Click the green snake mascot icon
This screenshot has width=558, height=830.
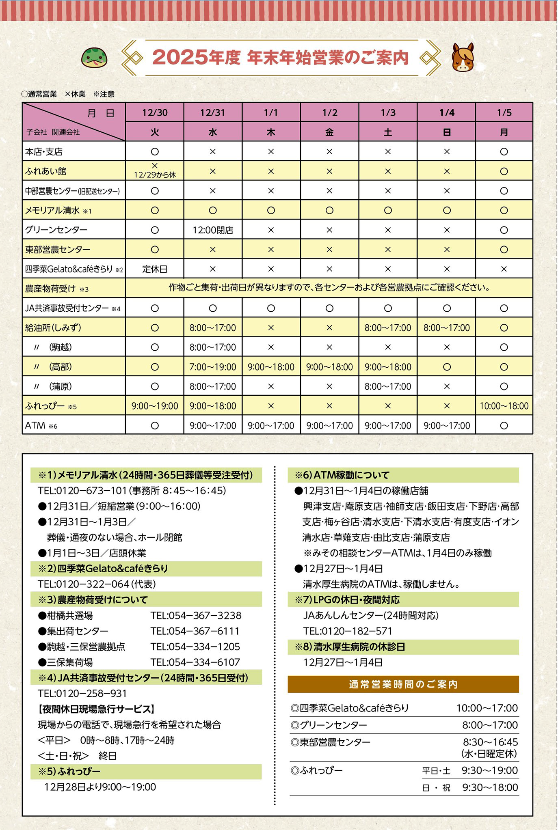[94, 58]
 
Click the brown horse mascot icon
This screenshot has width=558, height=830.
[463, 58]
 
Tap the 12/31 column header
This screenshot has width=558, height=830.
[212, 112]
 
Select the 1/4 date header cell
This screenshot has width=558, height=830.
[446, 112]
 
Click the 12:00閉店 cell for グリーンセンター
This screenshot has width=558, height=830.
[212, 230]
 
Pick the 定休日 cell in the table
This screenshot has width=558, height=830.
[154, 269]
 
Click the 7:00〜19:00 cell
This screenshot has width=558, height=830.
[212, 367]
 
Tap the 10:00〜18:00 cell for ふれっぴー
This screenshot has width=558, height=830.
[504, 406]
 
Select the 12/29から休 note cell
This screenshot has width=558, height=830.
[154, 171]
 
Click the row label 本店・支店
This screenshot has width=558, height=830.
[44, 152]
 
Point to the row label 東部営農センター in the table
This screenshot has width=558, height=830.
[58, 250]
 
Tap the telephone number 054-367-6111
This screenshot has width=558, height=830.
[195, 631]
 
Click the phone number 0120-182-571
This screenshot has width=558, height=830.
[348, 631]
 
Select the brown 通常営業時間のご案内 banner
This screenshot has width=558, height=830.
[403, 684]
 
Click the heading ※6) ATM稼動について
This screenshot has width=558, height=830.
[342, 475]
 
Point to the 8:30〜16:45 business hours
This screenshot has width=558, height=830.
[490, 742]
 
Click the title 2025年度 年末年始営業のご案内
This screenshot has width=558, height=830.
[280, 58]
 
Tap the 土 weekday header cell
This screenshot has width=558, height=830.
[388, 132]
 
